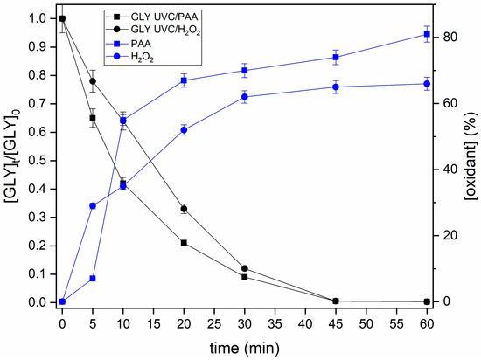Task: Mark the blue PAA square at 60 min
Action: coord(427,35)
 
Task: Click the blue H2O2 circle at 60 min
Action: coord(427,84)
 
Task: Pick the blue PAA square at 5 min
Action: coord(92,279)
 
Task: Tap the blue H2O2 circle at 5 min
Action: coord(92,206)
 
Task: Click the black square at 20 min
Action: coord(184,243)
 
